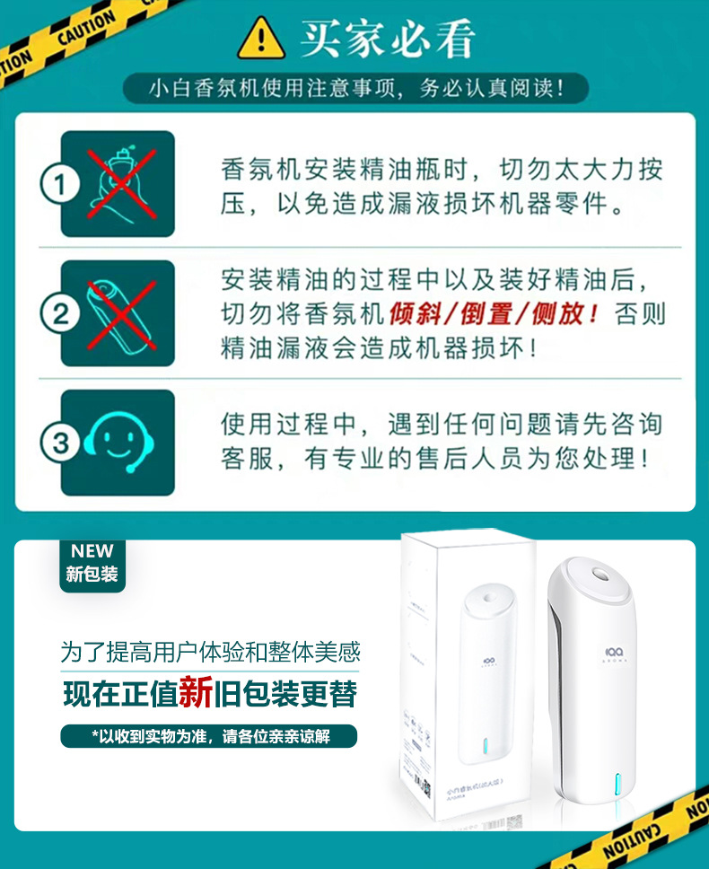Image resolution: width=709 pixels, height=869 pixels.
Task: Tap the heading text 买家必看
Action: click(387, 38)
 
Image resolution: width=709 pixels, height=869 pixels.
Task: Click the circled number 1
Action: click(59, 185)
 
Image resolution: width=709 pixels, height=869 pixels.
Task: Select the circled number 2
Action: click(59, 314)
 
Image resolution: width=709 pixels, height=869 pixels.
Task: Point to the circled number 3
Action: click(59, 443)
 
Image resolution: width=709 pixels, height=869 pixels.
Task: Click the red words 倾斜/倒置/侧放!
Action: click(495, 314)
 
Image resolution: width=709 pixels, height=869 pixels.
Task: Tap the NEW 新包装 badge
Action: click(92, 563)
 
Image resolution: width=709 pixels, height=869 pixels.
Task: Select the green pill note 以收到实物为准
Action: click(208, 736)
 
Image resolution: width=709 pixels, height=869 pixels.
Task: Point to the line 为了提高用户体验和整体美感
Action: click(210, 651)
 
